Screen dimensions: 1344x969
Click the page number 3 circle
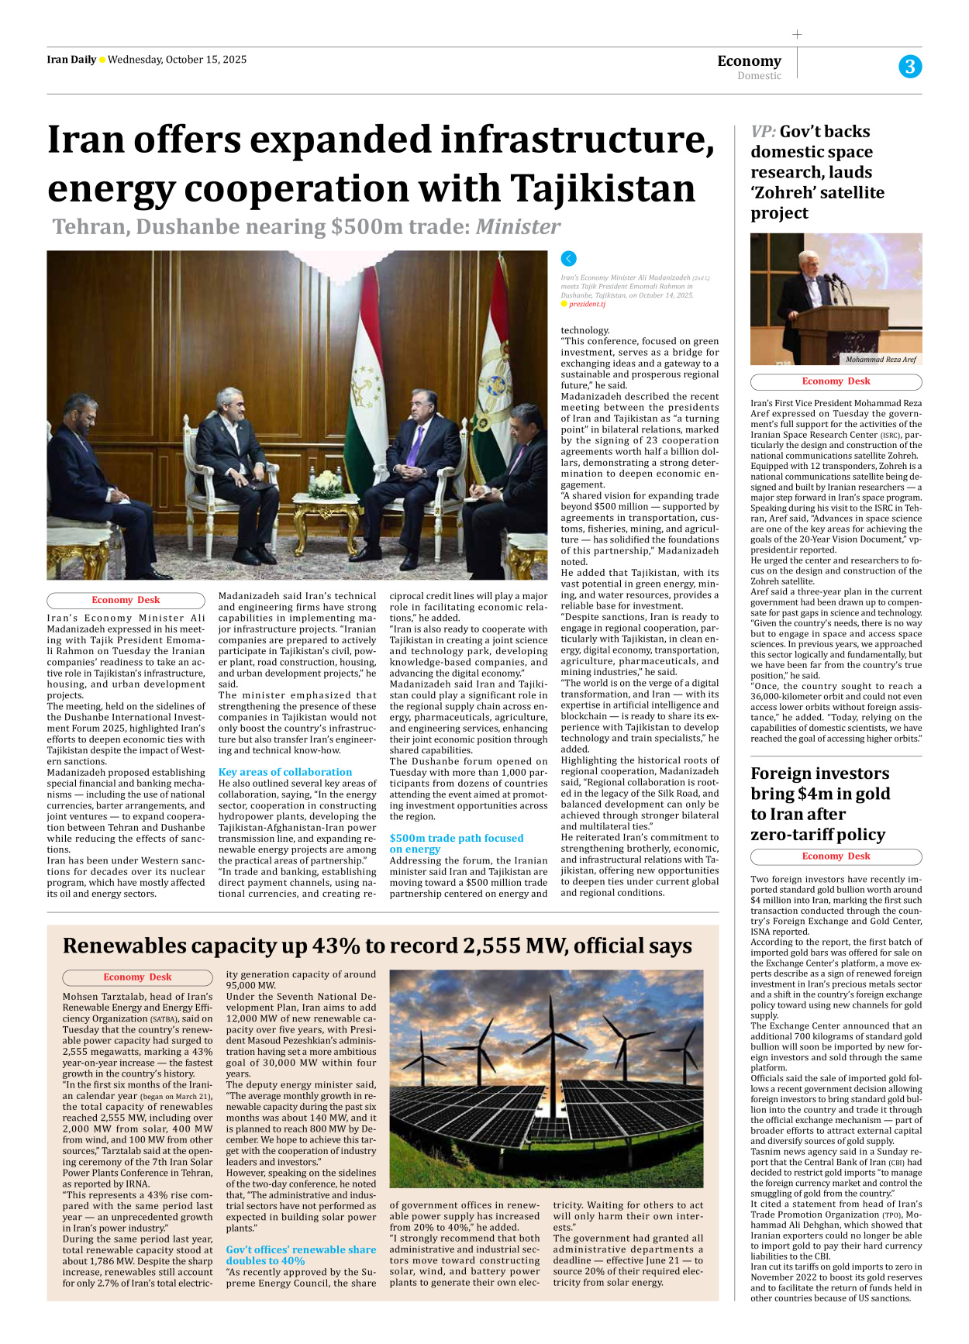pyautogui.click(x=910, y=67)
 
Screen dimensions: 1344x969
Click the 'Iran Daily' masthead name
pyautogui.click(x=71, y=60)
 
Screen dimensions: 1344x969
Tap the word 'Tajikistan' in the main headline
pyautogui.click(x=602, y=188)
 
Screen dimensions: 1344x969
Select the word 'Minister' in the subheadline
pyautogui.click(x=517, y=227)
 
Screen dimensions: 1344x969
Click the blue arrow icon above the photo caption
pyautogui.click(x=568, y=259)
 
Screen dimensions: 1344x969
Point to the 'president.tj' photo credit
pyautogui.click(x=587, y=305)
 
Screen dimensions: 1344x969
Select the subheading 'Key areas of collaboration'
pyautogui.click(x=284, y=772)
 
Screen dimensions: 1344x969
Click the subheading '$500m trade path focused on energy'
pyautogui.click(x=456, y=843)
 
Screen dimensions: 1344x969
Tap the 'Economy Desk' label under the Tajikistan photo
pyautogui.click(x=126, y=600)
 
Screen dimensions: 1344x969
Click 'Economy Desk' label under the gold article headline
pyautogui.click(x=836, y=856)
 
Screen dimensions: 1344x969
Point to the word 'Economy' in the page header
pyautogui.click(x=749, y=61)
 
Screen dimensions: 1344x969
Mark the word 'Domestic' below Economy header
pyautogui.click(x=759, y=76)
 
